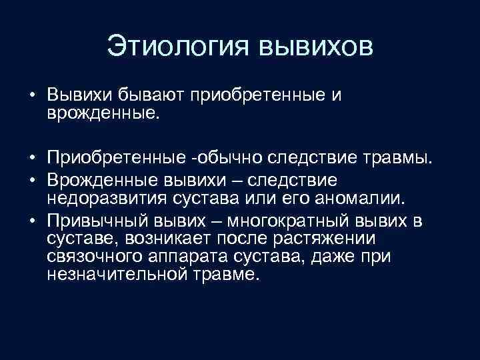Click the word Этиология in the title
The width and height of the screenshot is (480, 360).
tap(175, 48)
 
